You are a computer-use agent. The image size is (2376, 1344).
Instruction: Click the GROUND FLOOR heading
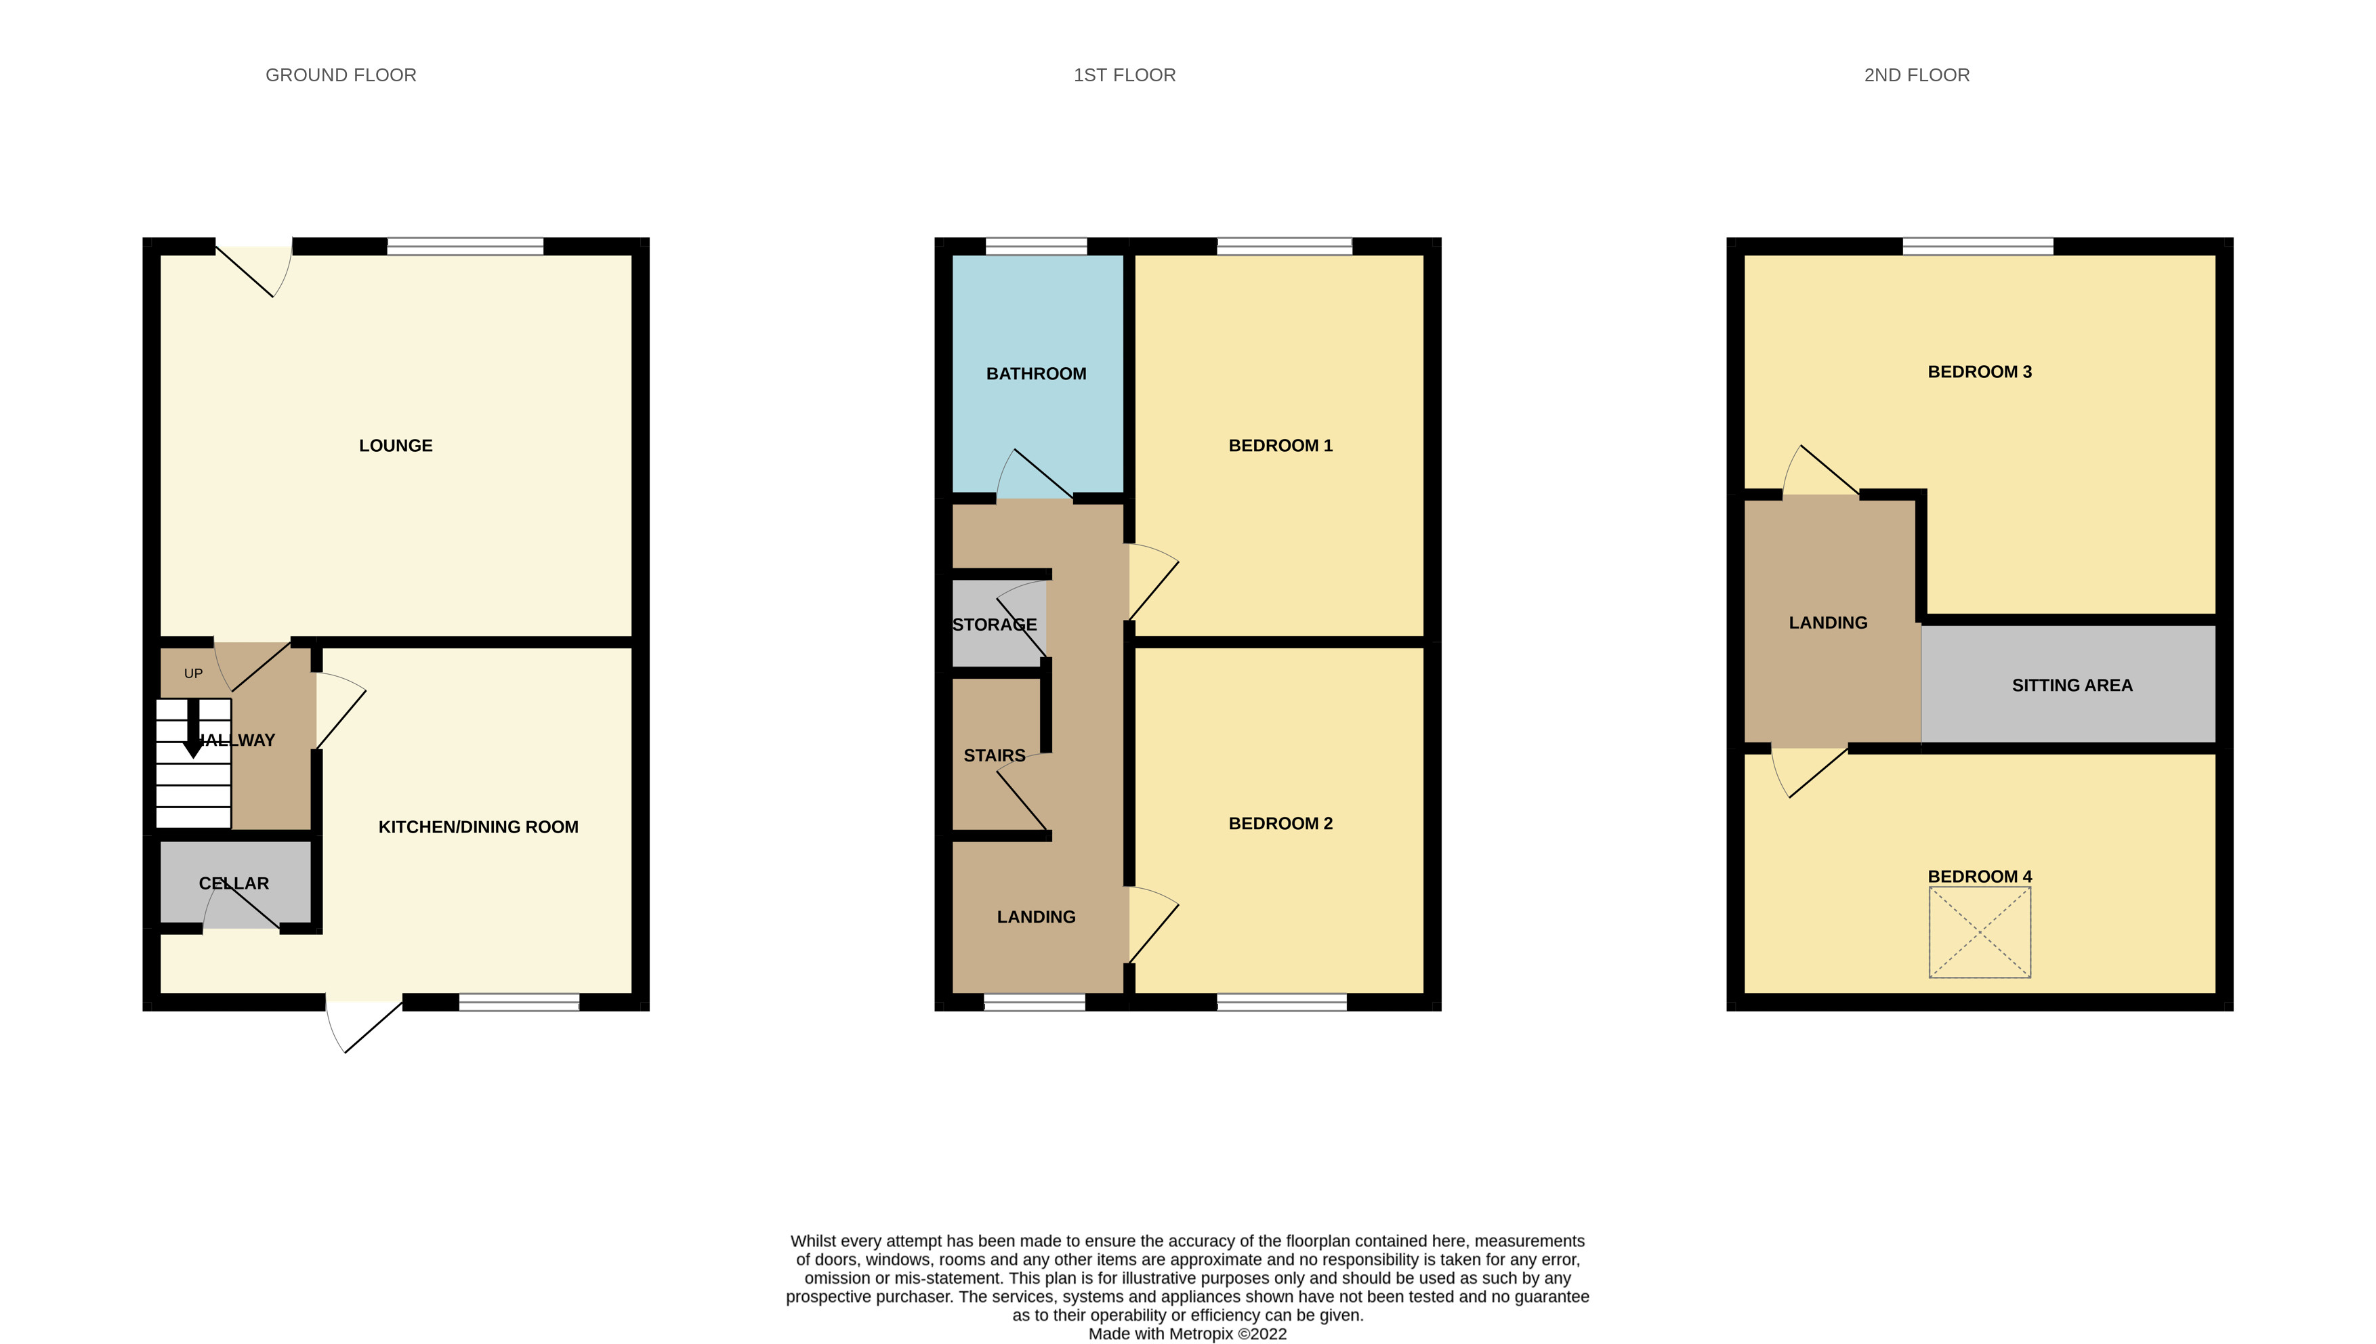pos(341,75)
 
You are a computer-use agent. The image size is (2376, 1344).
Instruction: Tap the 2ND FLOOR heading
pos(1916,75)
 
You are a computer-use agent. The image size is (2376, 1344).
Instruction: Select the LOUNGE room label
pos(395,446)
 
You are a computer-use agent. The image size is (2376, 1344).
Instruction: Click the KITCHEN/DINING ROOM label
pos(478,827)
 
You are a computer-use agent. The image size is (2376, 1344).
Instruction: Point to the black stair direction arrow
pos(193,729)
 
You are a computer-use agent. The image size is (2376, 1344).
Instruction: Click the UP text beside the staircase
pos(193,674)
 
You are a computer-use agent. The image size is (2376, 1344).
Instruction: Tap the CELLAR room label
pos(234,883)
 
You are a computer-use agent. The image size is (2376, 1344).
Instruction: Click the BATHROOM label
pos(1036,374)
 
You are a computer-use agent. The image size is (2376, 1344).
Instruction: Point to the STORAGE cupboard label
pos(994,625)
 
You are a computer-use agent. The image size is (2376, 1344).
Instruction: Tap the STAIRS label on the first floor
pos(994,756)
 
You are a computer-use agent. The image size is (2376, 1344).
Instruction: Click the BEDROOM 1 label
pos(1280,446)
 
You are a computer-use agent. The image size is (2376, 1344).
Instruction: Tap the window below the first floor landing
pos(1034,1003)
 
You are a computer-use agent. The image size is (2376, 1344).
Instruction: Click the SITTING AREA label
pos(2071,686)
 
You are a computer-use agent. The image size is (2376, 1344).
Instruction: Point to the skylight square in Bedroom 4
pos(1979,932)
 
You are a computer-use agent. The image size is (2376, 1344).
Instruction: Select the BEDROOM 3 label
pos(1979,372)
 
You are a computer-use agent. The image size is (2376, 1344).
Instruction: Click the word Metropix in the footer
pos(1200,1334)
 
